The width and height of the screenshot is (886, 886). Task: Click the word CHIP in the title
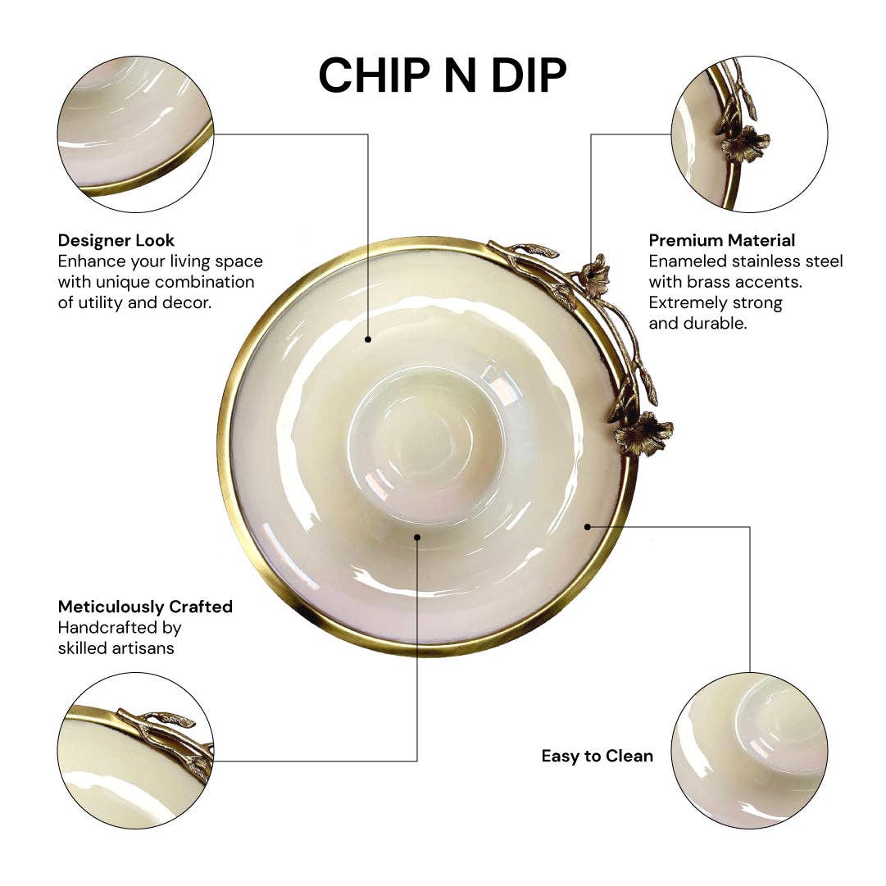(369, 75)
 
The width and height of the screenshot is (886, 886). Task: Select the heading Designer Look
(116, 240)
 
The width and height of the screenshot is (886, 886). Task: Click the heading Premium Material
(722, 240)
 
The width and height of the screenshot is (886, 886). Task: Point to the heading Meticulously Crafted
(145, 607)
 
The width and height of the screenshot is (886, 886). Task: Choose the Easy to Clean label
(597, 756)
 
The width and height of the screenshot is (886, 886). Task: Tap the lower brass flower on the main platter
(643, 434)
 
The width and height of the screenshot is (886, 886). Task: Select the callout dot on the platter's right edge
(588, 526)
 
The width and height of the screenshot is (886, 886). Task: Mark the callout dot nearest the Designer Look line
(368, 338)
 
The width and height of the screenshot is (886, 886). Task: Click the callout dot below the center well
(417, 538)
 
